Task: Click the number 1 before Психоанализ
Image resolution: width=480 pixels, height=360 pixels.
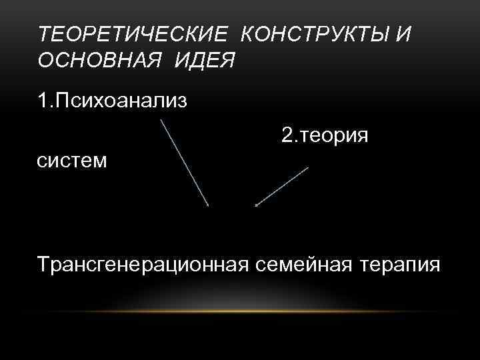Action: click(x=43, y=102)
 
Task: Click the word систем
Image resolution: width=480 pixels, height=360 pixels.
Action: click(x=73, y=161)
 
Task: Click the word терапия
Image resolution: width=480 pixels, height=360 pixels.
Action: click(x=399, y=265)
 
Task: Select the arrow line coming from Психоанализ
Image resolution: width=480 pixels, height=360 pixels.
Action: click(x=185, y=163)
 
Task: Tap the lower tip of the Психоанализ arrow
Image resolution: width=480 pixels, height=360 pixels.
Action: click(x=208, y=205)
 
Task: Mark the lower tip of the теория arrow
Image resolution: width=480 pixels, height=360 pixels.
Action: click(x=257, y=205)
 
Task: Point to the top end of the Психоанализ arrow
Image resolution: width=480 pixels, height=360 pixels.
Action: click(x=161, y=121)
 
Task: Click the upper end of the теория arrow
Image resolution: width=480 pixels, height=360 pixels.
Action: click(x=308, y=167)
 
